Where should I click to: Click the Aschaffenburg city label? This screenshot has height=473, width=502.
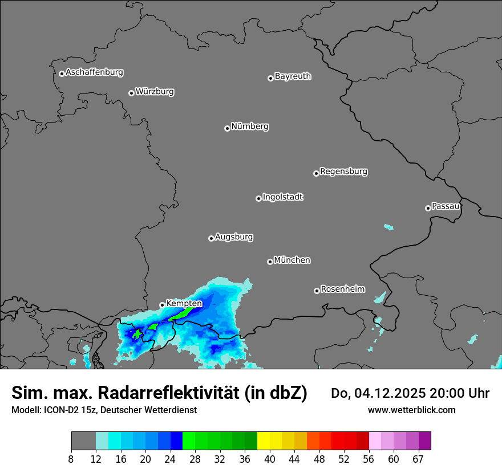(x=94, y=72)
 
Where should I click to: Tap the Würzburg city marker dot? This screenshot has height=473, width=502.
(x=131, y=93)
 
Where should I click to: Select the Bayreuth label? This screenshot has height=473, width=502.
(x=293, y=76)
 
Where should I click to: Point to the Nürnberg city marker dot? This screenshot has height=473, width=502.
(x=227, y=128)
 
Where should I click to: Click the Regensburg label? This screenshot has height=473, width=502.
(x=343, y=171)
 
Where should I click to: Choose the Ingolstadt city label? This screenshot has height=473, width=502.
(x=282, y=197)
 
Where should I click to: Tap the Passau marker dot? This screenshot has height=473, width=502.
(x=428, y=208)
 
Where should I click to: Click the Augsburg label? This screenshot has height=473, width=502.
(x=234, y=237)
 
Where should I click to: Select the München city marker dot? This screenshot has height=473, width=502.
(x=270, y=262)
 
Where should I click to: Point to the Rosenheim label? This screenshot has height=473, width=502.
(x=342, y=289)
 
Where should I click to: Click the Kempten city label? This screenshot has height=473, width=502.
(x=184, y=304)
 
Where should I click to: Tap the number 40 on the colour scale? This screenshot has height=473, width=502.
(x=270, y=459)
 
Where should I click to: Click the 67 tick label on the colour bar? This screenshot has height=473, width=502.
(x=418, y=459)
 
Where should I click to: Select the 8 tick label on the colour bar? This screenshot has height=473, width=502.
(x=71, y=459)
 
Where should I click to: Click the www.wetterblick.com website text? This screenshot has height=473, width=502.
(x=411, y=410)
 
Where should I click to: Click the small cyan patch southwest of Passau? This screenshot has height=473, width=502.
(x=388, y=227)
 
